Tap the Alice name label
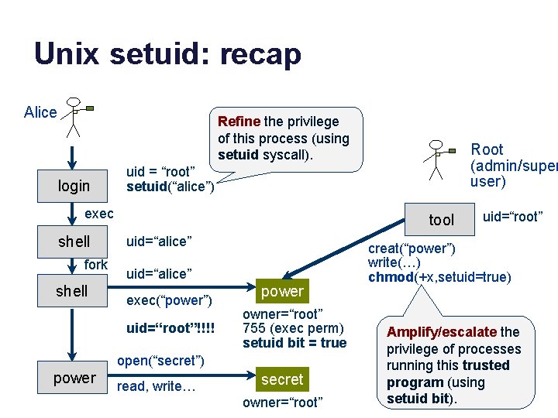click(x=40, y=112)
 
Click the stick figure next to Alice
click(x=74, y=117)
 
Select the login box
click(x=74, y=186)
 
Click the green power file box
click(x=283, y=291)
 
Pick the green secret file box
click(x=283, y=379)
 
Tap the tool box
click(x=442, y=220)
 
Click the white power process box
click(x=74, y=378)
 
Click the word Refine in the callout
click(x=239, y=122)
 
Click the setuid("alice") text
click(x=170, y=186)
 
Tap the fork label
click(x=95, y=265)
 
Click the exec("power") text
click(x=169, y=300)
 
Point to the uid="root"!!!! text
click(x=170, y=328)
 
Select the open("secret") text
click(x=160, y=361)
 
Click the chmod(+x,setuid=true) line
click(x=439, y=277)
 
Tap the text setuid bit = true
click(x=294, y=343)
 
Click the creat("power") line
click(x=412, y=248)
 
